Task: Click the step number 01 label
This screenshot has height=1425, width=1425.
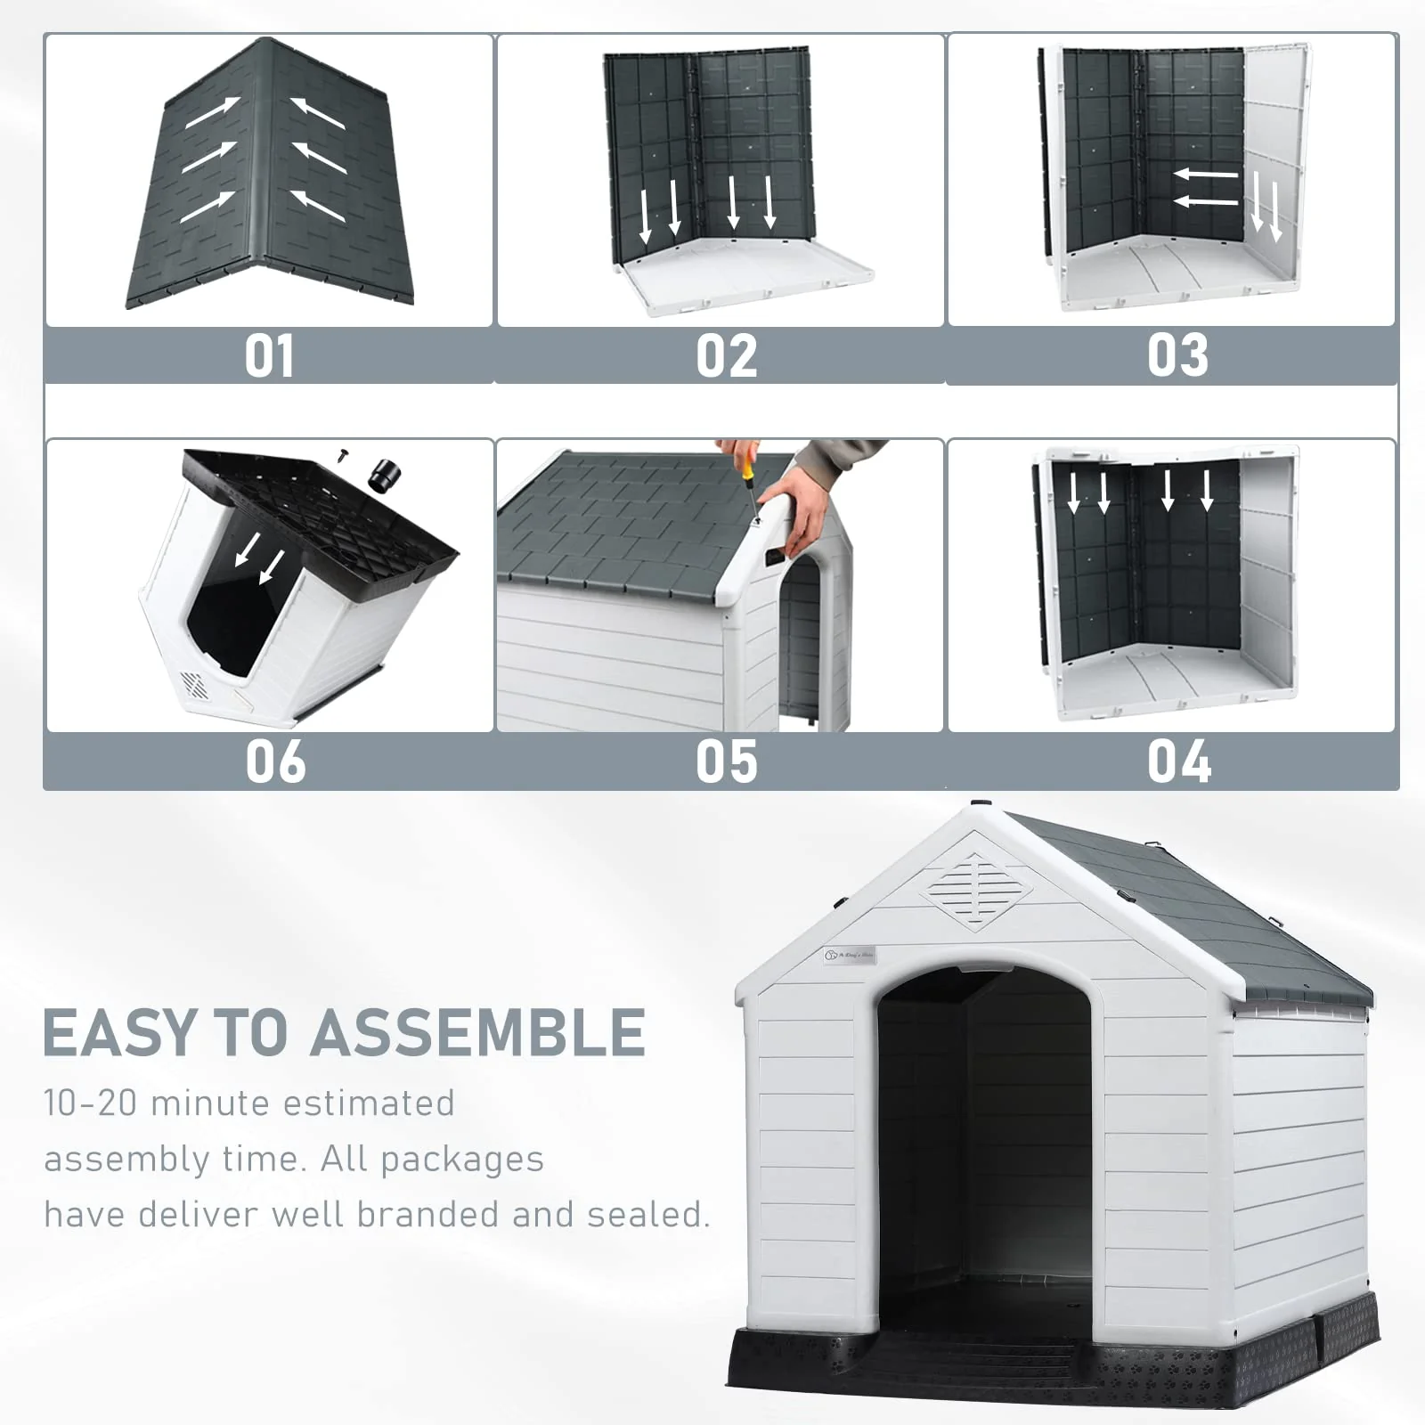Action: pos(269,356)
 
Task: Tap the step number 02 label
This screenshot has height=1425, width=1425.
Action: pos(726,356)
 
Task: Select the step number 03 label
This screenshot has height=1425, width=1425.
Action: pos(1177,355)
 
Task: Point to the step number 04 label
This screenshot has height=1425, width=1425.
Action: pos(1178,761)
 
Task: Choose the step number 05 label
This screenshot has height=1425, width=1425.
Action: pos(726,762)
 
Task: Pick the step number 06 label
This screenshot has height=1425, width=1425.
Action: pos(275,762)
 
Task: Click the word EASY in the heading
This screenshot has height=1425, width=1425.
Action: pos(119,1033)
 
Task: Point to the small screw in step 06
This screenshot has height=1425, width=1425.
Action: pos(343,455)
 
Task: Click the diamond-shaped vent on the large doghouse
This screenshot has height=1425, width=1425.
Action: pos(976,890)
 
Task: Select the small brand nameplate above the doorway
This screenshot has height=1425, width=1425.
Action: pos(850,955)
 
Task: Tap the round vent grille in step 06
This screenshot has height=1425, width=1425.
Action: pos(195,685)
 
